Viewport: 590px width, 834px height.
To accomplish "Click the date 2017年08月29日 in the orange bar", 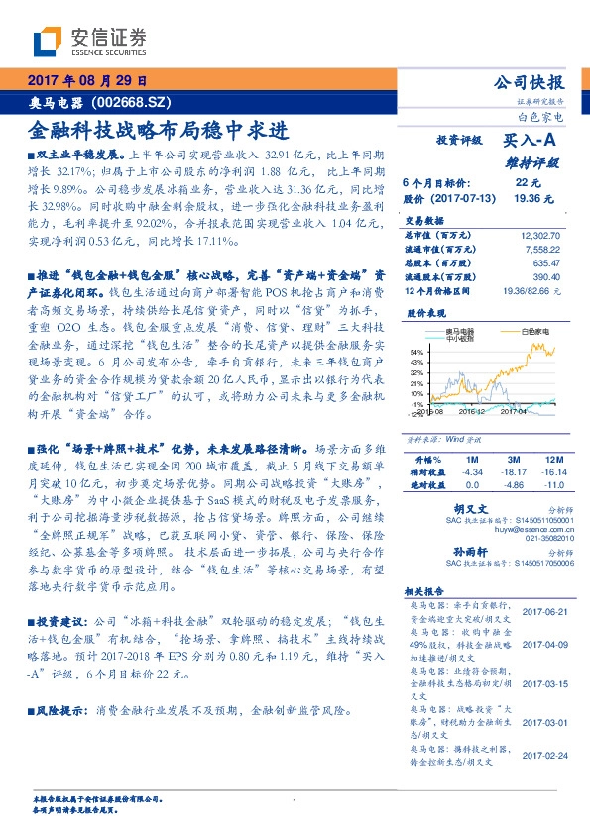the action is pos(85,81).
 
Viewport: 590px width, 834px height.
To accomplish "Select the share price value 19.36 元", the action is pos(527,198).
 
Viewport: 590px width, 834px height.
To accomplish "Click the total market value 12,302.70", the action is pos(539,236).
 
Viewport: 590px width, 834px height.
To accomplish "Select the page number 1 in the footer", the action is pos(295,801).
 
